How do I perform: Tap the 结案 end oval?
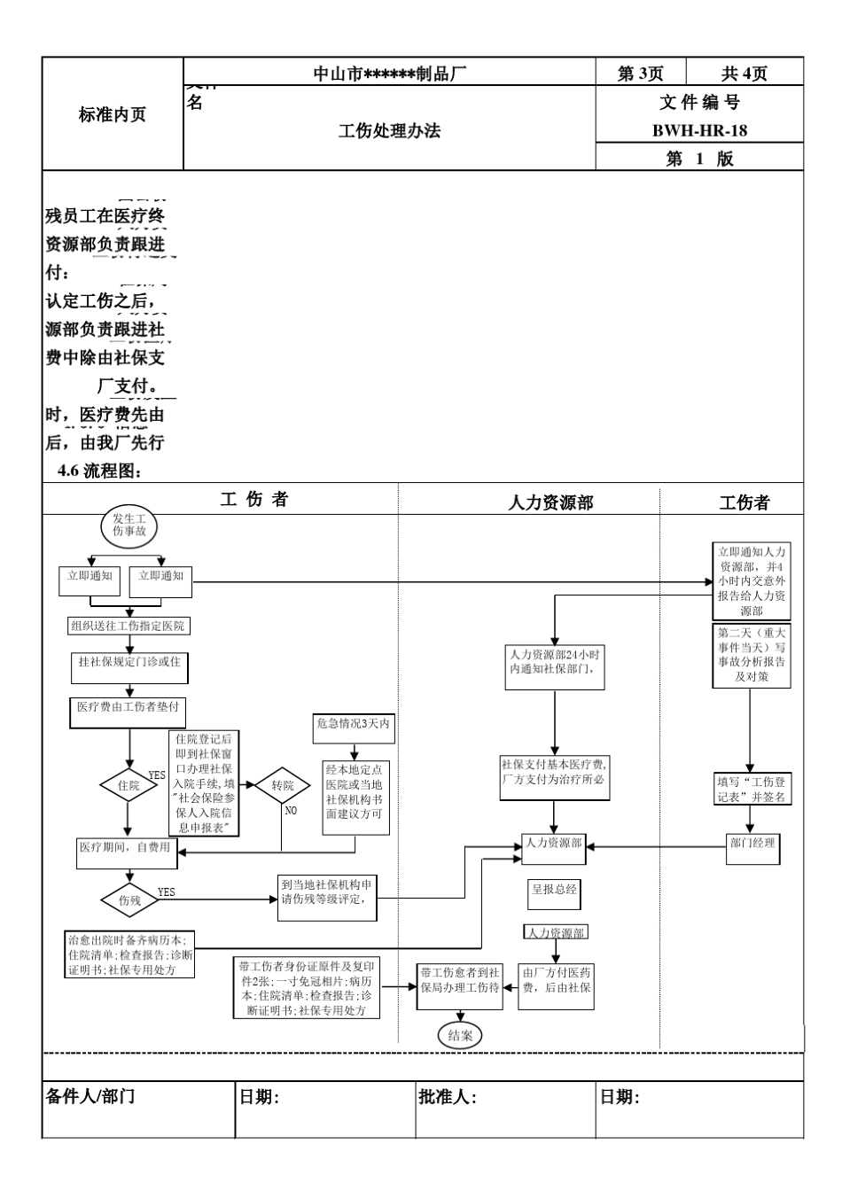click(460, 1035)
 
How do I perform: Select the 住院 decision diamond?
click(129, 785)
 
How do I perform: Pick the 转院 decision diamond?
click(283, 785)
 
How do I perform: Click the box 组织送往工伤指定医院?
click(129, 626)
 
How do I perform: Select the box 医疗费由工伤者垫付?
click(129, 707)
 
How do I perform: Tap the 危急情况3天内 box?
click(353, 724)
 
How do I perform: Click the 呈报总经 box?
click(555, 890)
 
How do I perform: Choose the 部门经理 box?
click(752, 843)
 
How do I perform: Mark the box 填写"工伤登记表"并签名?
click(752, 790)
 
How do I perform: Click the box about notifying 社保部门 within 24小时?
click(555, 662)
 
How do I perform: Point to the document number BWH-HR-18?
click(699, 131)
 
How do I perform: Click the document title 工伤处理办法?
click(389, 131)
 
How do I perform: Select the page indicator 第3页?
click(640, 74)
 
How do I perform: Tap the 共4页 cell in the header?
click(745, 74)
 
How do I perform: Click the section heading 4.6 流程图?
click(99, 471)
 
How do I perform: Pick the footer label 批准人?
click(448, 1097)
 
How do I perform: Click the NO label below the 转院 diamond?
click(291, 810)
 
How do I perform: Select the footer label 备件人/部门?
click(90, 1097)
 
